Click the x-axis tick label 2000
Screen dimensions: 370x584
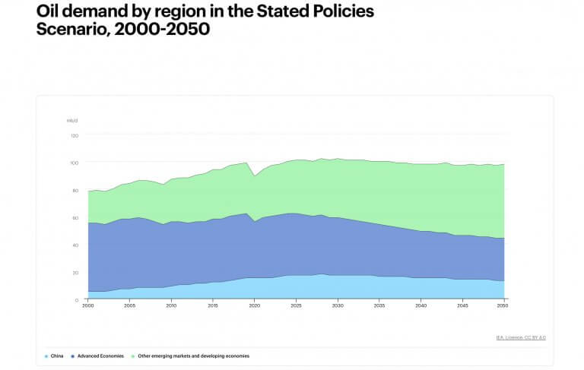coord(88,305)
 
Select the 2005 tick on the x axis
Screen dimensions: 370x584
coord(129,305)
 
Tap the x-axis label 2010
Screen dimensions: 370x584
coord(171,305)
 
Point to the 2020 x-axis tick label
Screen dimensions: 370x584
coord(254,305)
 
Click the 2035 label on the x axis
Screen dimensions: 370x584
coord(379,305)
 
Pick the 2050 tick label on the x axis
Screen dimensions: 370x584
coord(503,305)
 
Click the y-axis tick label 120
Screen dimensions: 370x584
coord(75,135)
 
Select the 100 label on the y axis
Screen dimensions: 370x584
coord(75,163)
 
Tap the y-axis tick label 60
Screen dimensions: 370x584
coord(75,217)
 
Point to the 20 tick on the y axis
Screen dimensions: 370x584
coord(75,272)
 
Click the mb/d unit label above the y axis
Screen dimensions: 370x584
coord(72,120)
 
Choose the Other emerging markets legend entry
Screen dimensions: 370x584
coord(193,356)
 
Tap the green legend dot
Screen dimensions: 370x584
coord(134,356)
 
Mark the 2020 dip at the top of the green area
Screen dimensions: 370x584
coord(255,176)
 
